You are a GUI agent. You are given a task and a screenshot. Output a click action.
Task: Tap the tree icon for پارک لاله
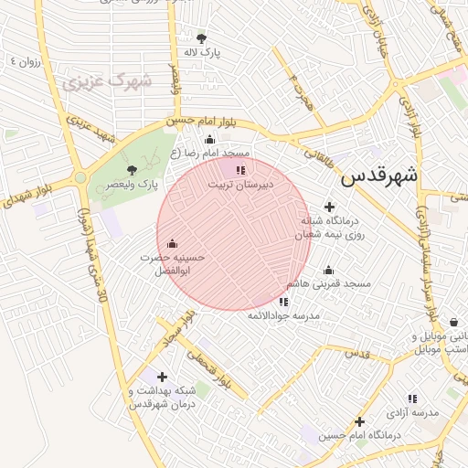pos(201,37)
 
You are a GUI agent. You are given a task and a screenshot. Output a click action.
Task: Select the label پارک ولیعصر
pos(131,184)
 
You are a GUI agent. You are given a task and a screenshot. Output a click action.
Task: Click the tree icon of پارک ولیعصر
pos(132,169)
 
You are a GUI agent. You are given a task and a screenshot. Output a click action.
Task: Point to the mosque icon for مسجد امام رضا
pos(209,140)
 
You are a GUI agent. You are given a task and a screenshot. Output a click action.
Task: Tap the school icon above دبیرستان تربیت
pos(239,170)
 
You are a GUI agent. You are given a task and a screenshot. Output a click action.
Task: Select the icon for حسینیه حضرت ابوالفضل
pos(173,243)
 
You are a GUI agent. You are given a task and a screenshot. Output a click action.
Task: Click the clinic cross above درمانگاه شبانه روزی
pos(330,207)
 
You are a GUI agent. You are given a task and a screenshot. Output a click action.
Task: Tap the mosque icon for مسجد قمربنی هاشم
pos(328,270)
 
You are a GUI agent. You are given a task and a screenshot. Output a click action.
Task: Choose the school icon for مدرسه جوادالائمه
pos(283,301)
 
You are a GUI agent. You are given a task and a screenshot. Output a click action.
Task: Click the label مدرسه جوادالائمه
pos(283,315)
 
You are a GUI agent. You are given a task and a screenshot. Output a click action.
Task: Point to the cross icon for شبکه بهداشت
pos(162,377)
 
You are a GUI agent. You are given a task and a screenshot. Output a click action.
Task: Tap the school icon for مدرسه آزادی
pos(412,399)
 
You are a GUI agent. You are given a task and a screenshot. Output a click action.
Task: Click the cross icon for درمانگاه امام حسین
pos(360,421)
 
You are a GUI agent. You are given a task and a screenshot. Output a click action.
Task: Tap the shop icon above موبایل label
pos(454,322)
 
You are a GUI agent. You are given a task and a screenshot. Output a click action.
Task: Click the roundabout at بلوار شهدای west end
pos(80,177)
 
